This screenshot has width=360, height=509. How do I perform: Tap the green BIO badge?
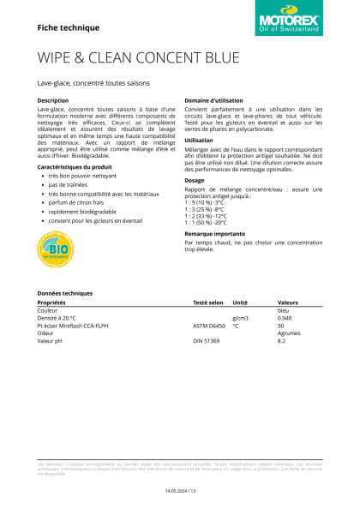[53, 249]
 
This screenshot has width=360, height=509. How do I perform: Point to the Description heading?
[53, 101]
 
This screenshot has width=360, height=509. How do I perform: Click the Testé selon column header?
[207, 302]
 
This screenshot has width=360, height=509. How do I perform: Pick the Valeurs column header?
[288, 302]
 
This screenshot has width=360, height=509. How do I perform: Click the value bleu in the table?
[284, 310]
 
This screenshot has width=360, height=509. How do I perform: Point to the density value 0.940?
[285, 318]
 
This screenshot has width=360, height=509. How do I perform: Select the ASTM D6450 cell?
[209, 326]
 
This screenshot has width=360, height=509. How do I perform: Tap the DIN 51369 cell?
[207, 341]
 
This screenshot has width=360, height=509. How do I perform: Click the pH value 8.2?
[281, 341]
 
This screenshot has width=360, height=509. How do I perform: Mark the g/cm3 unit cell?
[241, 318]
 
